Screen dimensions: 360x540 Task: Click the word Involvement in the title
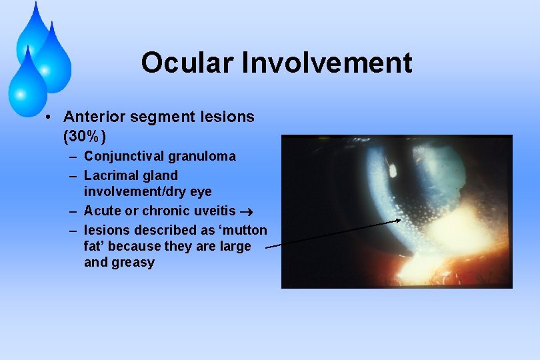click(327, 63)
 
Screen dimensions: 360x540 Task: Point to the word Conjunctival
click(125, 157)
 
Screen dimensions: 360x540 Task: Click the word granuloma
click(202, 157)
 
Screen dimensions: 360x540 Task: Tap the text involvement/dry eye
click(147, 192)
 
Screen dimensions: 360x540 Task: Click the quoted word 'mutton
click(244, 231)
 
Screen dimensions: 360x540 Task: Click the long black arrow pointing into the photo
click(333, 233)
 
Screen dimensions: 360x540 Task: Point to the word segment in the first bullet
click(170, 117)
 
